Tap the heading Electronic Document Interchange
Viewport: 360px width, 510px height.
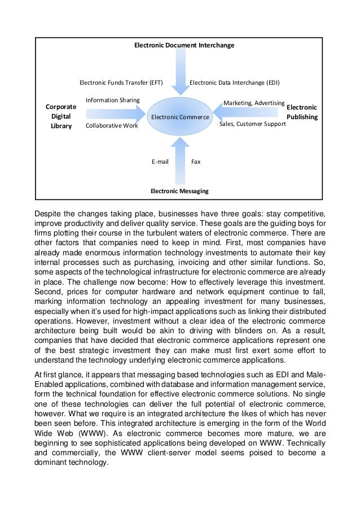184,45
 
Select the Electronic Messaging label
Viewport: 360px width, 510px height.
179,191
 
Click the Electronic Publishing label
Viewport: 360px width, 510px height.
302,112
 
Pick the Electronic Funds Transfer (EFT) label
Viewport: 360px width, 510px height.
121,82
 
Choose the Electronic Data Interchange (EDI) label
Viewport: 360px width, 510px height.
234,82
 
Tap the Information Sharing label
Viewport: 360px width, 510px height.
112,100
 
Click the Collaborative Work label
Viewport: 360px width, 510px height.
111,126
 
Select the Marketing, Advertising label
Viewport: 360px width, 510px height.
253,103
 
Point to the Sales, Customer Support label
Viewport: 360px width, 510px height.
252,123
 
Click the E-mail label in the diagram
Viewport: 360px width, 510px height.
160,162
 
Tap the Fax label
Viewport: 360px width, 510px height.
196,162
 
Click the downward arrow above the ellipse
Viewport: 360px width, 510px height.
181,71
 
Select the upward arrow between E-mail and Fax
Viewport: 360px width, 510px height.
181,161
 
